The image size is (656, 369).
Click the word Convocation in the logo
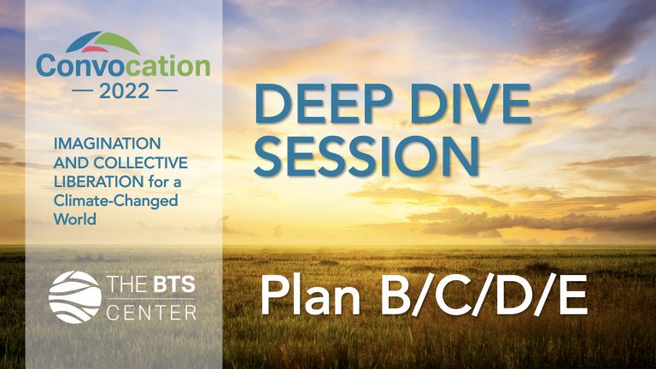(x=123, y=67)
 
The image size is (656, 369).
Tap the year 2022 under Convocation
(x=124, y=91)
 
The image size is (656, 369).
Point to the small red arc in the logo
(x=95, y=50)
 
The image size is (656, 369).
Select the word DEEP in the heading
(x=323, y=104)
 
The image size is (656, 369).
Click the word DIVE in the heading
(x=471, y=104)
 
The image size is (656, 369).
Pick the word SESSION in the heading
(x=366, y=155)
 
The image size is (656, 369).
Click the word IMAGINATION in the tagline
(x=107, y=143)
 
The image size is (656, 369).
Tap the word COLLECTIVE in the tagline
(x=141, y=163)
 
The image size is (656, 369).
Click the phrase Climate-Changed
(x=116, y=202)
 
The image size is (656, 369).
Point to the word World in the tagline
(x=75, y=220)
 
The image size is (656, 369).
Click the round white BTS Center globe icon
(x=75, y=297)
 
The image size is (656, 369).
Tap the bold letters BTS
(x=174, y=284)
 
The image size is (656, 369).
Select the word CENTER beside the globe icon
(x=151, y=313)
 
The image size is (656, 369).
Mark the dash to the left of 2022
(x=82, y=91)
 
